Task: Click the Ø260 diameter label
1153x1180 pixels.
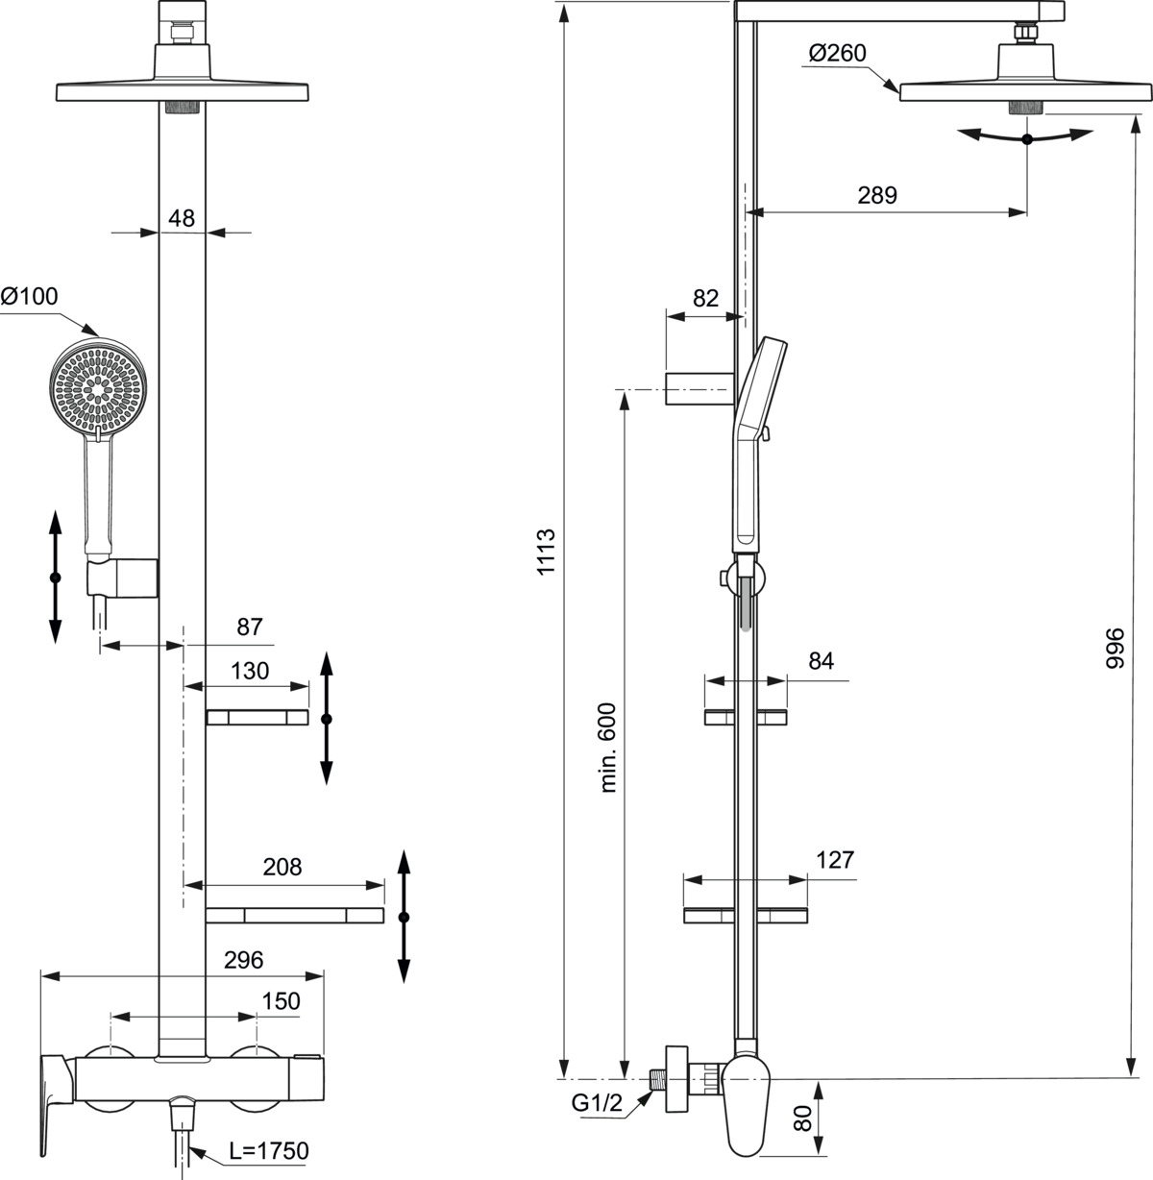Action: [837, 54]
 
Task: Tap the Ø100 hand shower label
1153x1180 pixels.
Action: [30, 298]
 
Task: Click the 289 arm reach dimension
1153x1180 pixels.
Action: [877, 195]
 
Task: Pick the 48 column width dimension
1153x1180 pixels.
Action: [181, 218]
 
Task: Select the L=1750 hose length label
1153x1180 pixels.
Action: [268, 1150]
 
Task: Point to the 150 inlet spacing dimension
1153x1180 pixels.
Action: [281, 1000]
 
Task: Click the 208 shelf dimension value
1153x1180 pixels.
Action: [282, 867]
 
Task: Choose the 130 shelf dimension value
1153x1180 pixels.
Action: [250, 671]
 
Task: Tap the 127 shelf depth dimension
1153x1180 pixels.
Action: [834, 860]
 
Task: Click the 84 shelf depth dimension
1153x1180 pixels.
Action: [821, 661]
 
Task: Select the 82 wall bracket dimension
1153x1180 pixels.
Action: [705, 298]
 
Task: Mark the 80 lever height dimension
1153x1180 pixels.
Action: [804, 1118]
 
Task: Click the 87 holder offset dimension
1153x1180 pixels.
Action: [250, 627]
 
